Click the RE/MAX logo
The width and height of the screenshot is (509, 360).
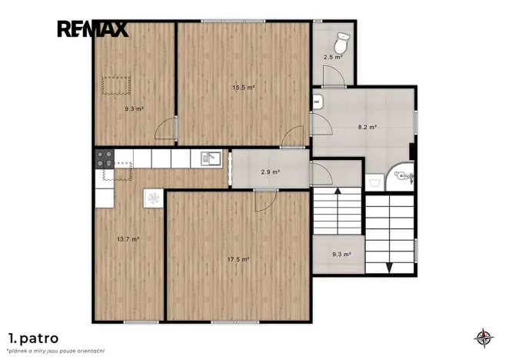click(x=93, y=29)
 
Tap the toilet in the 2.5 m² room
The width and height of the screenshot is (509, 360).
click(x=341, y=42)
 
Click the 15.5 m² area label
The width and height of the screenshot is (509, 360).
click(x=244, y=88)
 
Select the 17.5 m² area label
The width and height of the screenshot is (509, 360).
click(x=238, y=259)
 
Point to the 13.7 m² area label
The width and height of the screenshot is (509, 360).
click(x=128, y=239)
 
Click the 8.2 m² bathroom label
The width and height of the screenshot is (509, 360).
click(x=368, y=127)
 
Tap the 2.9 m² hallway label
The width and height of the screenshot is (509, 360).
click(x=271, y=172)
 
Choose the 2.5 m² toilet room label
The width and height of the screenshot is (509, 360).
click(x=333, y=57)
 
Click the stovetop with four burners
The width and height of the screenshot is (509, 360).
click(x=105, y=158)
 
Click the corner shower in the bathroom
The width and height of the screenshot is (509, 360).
click(x=401, y=177)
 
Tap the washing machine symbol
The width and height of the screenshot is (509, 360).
click(x=374, y=182)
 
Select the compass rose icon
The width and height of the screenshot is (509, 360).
click(x=484, y=338)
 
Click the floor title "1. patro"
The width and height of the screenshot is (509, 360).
click(x=34, y=338)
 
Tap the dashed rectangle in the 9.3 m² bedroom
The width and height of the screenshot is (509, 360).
click(x=116, y=86)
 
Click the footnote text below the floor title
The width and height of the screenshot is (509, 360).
click(x=56, y=351)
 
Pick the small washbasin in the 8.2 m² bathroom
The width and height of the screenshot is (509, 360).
click(x=317, y=102)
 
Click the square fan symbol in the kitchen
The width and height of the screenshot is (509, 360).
click(x=154, y=198)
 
